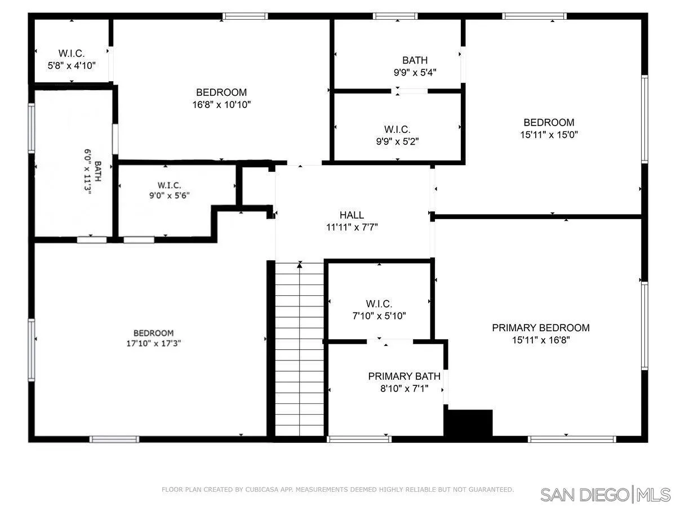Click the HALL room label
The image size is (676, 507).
coord(352,215)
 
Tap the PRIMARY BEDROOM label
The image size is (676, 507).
coord(541,327)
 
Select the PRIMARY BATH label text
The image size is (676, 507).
coord(404,376)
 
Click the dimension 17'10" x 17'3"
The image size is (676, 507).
coord(153,343)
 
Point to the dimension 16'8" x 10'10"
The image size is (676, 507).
coord(221,104)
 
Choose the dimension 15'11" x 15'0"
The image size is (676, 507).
coord(549,135)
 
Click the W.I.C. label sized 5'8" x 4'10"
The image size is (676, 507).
coord(72,54)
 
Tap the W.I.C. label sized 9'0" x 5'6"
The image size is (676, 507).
coord(169,185)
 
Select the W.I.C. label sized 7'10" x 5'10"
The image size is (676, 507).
coord(379,304)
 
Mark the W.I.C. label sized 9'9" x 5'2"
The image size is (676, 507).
coord(397,129)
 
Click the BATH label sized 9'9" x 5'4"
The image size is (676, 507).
coord(415,60)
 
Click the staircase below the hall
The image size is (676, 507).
coord(299,349)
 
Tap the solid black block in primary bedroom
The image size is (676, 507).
coord(469,422)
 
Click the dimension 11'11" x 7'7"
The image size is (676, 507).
coord(352,227)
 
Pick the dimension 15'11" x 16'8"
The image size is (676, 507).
coord(541,340)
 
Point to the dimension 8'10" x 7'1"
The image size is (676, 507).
coord(404,388)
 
